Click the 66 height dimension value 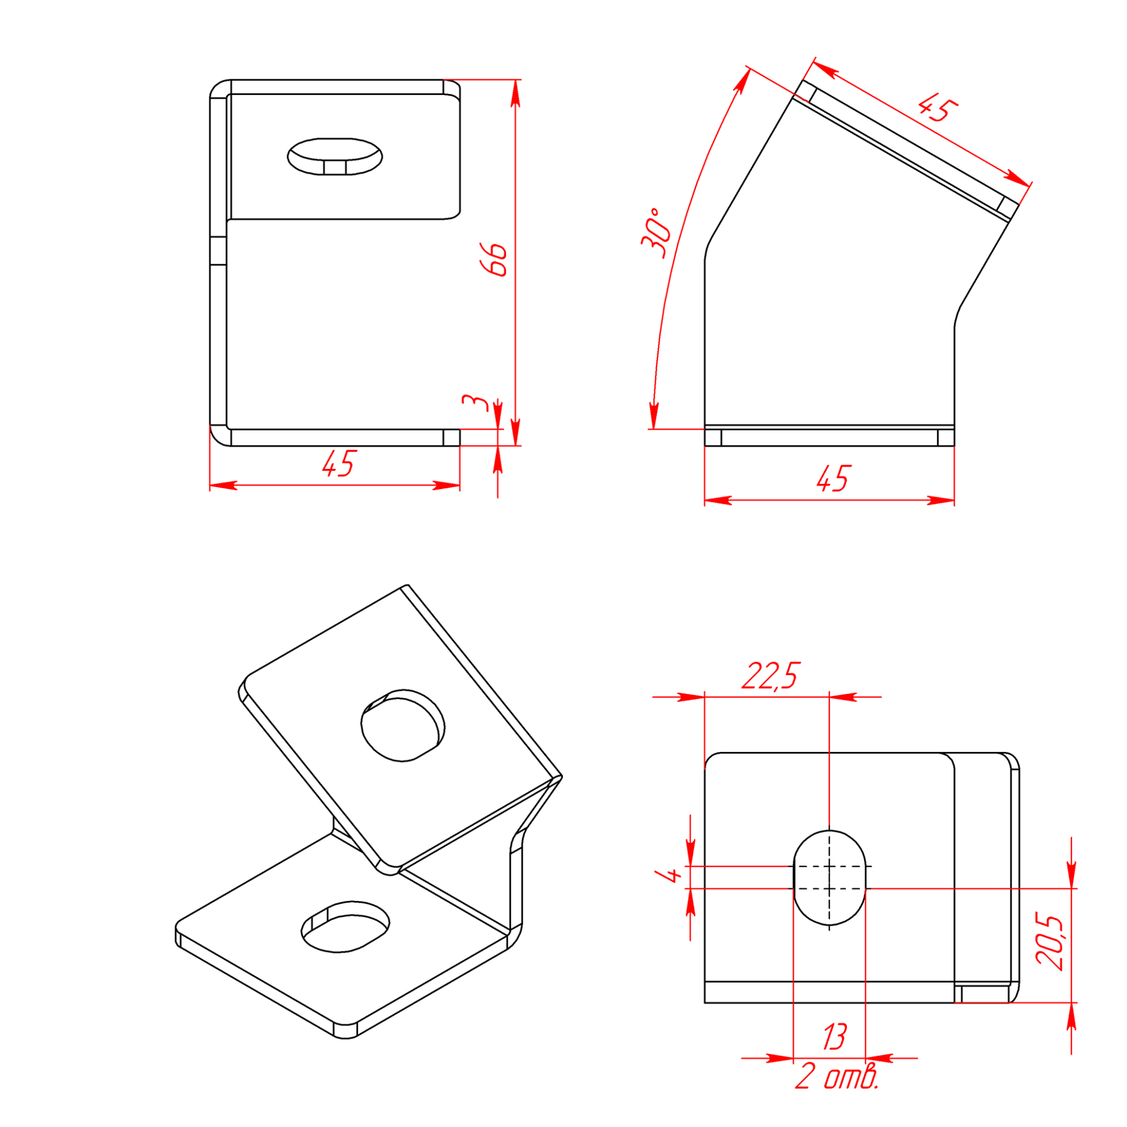click(x=494, y=259)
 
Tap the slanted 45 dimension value click(x=937, y=109)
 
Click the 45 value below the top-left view click(x=339, y=464)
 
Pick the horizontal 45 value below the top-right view click(x=833, y=478)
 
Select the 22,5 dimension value click(x=770, y=676)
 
